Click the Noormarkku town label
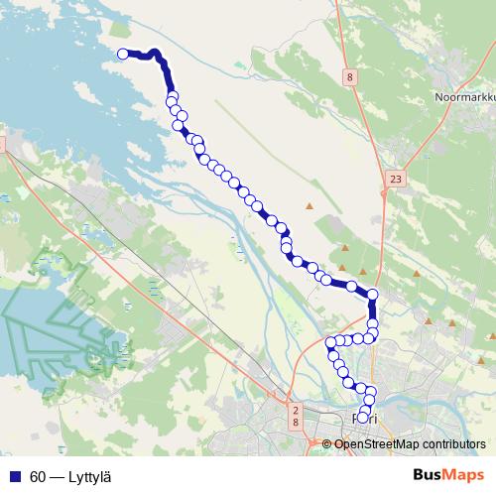(x=464, y=97)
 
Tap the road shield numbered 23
(x=396, y=179)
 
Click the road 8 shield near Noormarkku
(x=350, y=75)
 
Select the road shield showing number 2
(x=296, y=409)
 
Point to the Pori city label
(x=366, y=420)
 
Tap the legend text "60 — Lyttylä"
(x=69, y=476)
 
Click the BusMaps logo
(x=448, y=476)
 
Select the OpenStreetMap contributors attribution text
(x=410, y=443)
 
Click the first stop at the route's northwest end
(x=123, y=55)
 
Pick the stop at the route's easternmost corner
(x=373, y=295)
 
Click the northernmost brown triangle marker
(x=309, y=205)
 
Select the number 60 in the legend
(x=38, y=476)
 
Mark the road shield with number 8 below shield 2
(x=296, y=423)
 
